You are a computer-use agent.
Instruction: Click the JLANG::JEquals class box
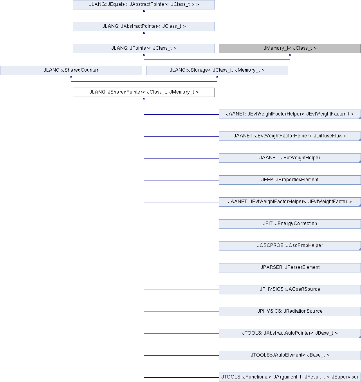pos(144,5)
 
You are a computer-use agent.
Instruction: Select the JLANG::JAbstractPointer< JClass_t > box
pos(144,27)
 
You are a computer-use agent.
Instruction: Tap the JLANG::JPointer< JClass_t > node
pos(144,49)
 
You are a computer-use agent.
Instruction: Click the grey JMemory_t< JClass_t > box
pos(290,49)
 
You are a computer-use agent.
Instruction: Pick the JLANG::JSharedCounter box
pos(71,70)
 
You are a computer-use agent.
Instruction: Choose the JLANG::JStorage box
pos(217,70)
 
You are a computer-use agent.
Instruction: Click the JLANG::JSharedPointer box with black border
pos(144,92)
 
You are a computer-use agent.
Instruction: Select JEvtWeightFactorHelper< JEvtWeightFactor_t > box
pos(290,114)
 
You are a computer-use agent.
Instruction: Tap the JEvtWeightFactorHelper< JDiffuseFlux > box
pos(290,136)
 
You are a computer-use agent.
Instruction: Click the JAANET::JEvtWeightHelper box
pos(290,158)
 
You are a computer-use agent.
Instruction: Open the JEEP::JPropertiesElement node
pos(290,180)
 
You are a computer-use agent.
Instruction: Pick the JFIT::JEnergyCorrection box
pos(290,224)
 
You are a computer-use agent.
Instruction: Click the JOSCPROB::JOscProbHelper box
pos(290,246)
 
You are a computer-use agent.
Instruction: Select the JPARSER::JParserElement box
pos(290,268)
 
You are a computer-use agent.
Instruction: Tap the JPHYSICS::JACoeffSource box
pos(290,290)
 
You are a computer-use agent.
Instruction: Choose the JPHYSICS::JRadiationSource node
pos(290,312)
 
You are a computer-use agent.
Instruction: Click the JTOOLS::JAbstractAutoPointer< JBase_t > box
pos(290,333)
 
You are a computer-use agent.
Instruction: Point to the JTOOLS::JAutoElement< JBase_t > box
pos(290,355)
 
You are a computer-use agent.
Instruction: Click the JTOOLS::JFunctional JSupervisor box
pos(290,377)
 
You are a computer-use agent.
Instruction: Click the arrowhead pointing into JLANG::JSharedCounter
pos(71,76)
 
